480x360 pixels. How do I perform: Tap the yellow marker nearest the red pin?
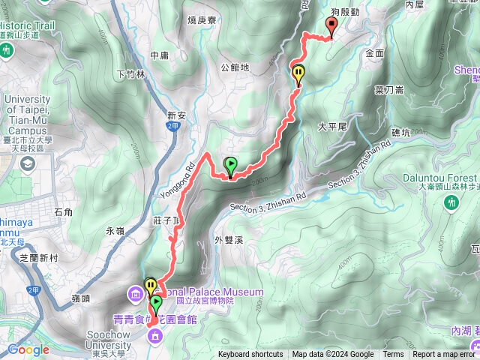(x=298, y=74)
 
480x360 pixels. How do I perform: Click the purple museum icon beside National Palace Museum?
(x=135, y=292)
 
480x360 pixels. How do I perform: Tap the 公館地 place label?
(x=234, y=67)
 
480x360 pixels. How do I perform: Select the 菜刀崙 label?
(x=389, y=90)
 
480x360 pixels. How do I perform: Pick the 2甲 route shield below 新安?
(x=173, y=127)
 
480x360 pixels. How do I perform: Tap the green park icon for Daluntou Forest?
(x=451, y=201)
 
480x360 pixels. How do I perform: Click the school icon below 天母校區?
(x=28, y=163)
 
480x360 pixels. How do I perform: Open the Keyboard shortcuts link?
(x=251, y=355)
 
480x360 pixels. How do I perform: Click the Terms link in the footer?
(x=392, y=355)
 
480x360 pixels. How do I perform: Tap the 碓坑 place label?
(x=401, y=133)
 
